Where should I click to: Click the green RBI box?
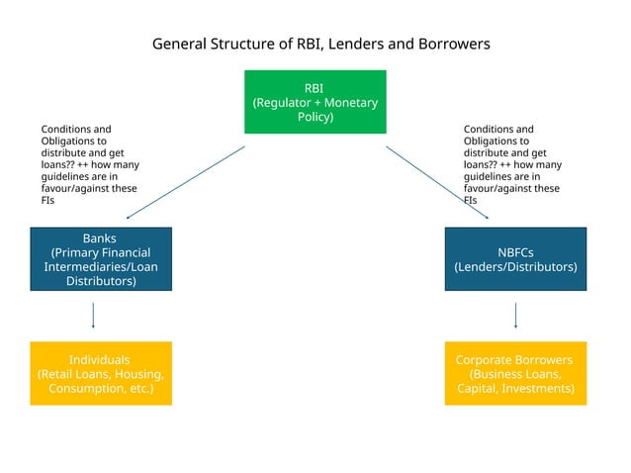tap(315, 102)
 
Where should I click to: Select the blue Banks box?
tap(100, 259)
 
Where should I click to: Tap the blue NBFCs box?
tap(515, 259)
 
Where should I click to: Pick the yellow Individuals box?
tap(100, 373)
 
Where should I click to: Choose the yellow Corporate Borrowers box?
tap(515, 373)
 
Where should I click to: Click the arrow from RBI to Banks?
tap(185, 182)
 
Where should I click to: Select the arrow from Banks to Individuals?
tap(93, 315)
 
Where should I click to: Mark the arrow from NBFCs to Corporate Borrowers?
tap(515, 315)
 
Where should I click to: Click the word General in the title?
tap(179, 45)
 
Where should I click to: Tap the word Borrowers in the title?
tap(447, 45)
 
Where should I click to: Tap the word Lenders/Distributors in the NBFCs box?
tap(515, 267)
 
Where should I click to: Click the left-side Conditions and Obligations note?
tap(88, 164)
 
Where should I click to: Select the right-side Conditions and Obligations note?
tap(511, 164)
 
